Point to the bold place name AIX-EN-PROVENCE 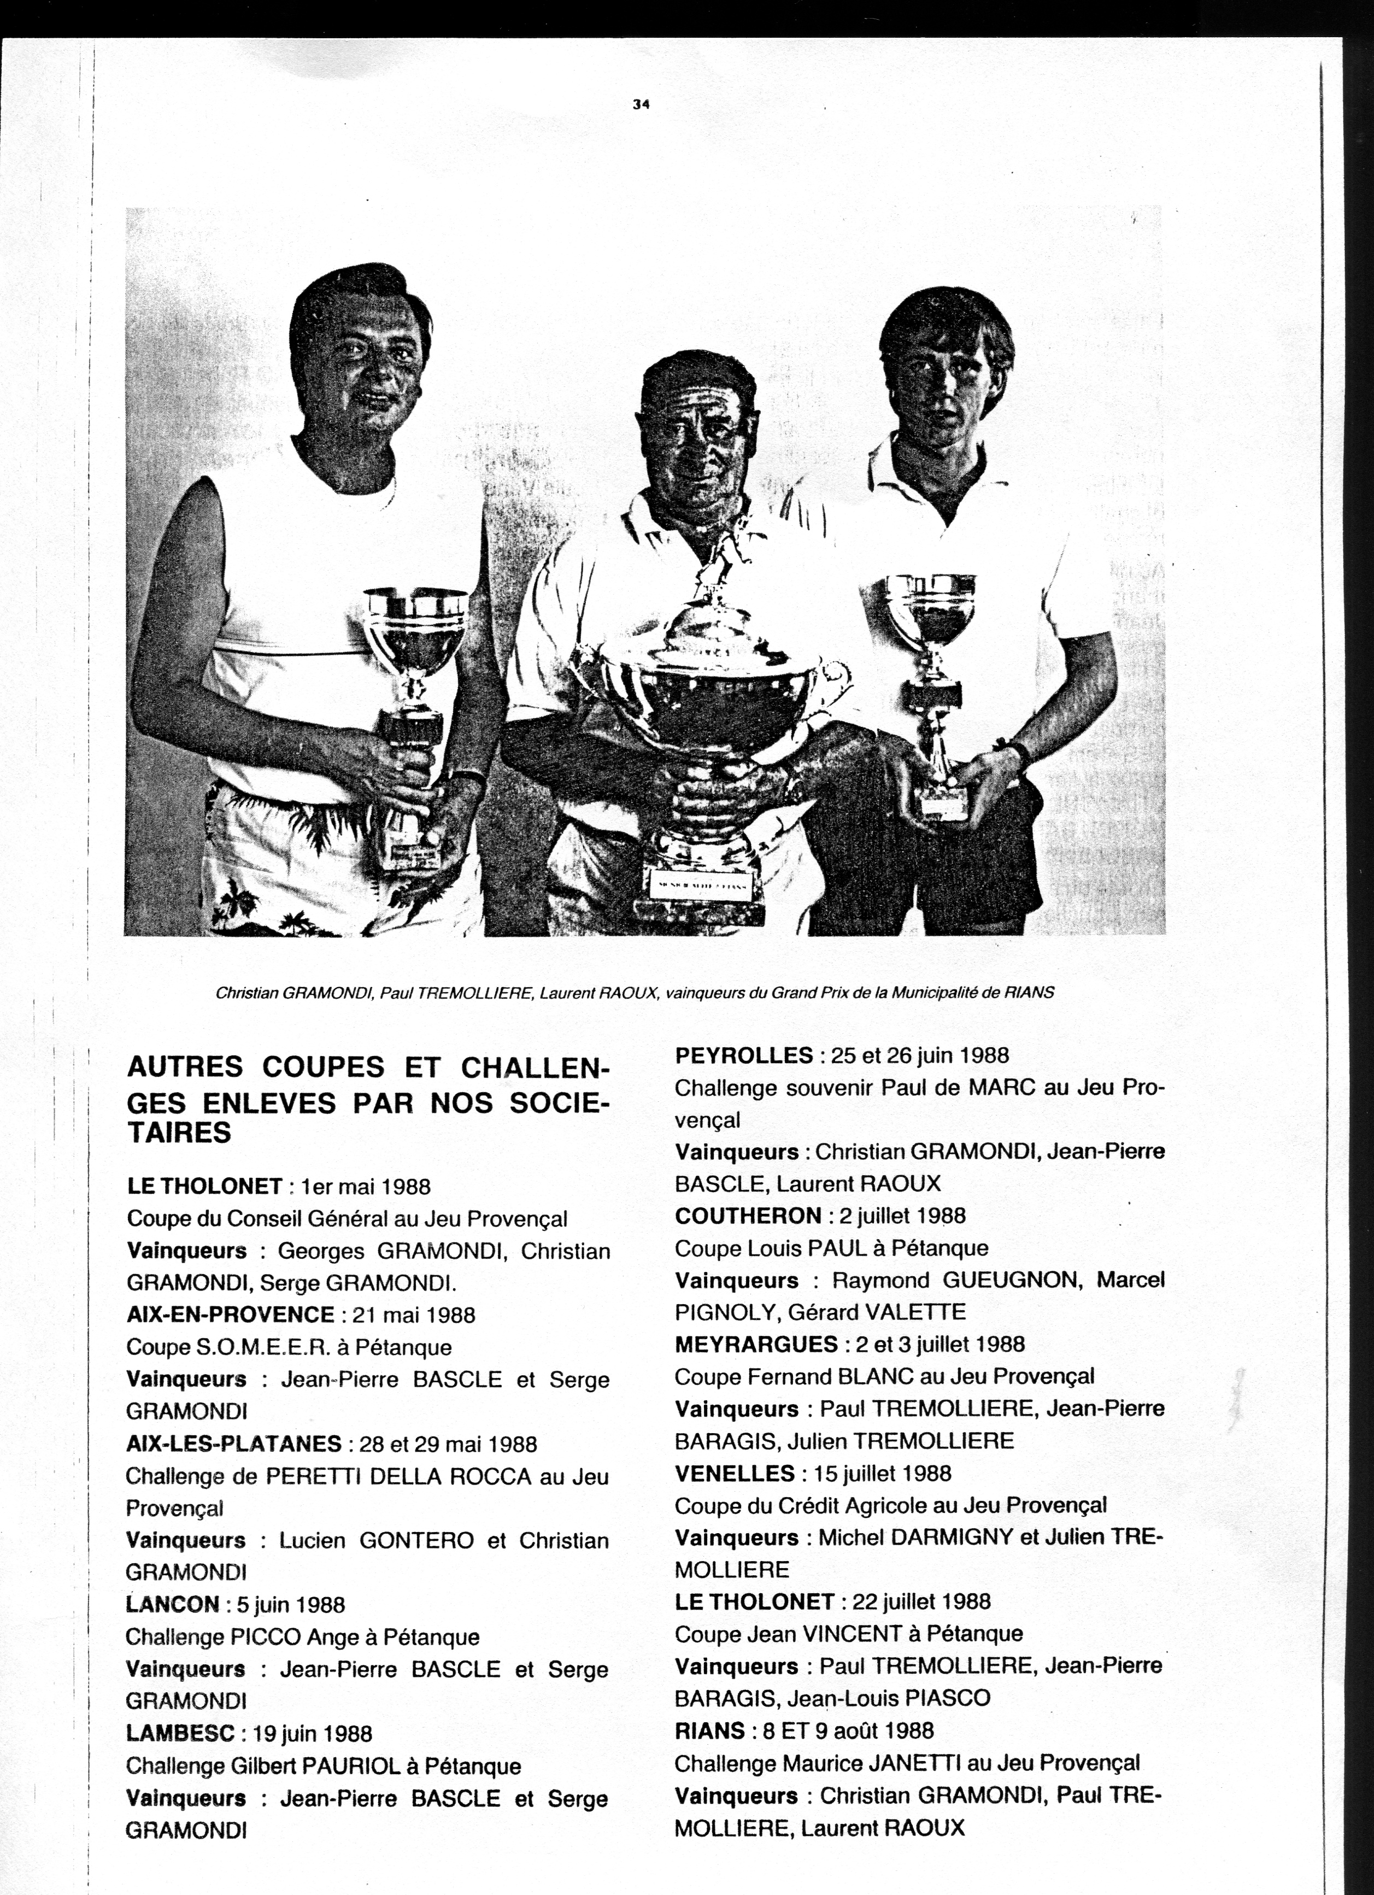231,1315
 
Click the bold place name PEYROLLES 743,1056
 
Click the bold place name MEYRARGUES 756,1345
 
